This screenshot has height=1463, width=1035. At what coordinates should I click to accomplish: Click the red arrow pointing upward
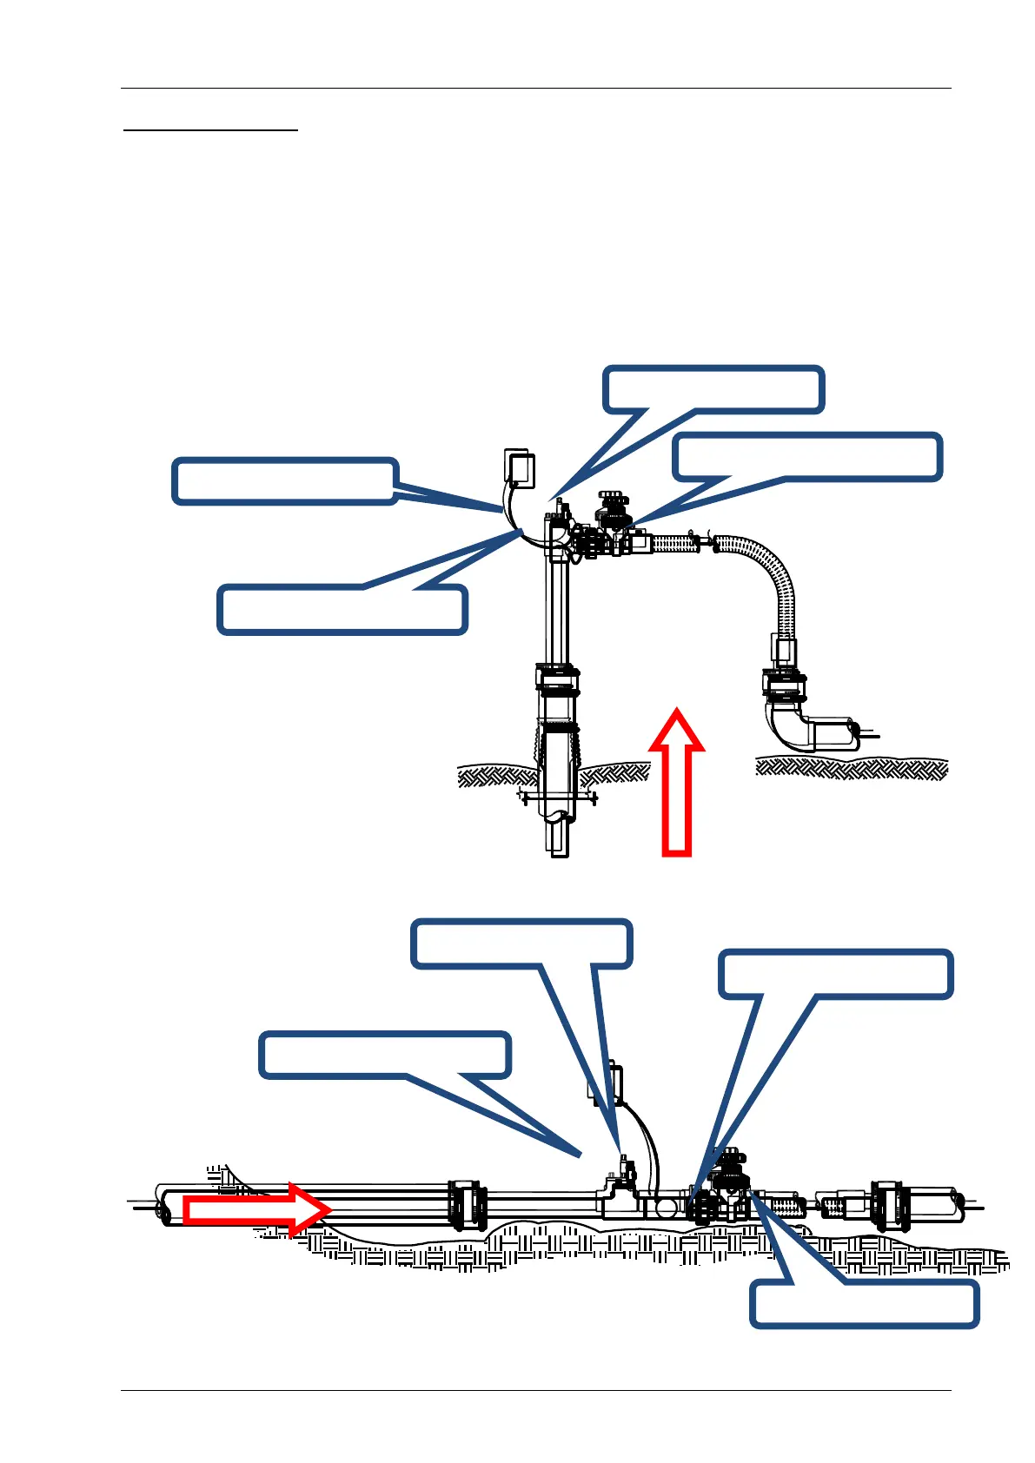pos(677,782)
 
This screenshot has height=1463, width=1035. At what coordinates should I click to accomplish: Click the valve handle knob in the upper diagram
pos(612,501)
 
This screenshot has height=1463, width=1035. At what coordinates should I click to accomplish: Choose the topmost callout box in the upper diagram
pos(713,388)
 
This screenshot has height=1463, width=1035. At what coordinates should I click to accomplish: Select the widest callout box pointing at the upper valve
pos(807,456)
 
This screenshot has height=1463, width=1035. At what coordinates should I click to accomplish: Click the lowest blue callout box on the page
pos(864,1303)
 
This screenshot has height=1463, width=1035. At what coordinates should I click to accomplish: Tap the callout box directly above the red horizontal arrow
pos(385,1055)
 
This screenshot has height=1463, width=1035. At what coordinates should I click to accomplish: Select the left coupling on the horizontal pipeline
pos(467,1204)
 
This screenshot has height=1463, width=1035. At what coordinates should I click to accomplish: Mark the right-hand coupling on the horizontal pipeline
pos(889,1204)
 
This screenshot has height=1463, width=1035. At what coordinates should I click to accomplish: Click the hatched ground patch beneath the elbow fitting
pos(851,768)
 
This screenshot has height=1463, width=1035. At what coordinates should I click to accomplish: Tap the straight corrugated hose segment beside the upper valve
pos(674,544)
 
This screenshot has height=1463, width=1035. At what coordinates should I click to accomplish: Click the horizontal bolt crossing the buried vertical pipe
pos(557,796)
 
